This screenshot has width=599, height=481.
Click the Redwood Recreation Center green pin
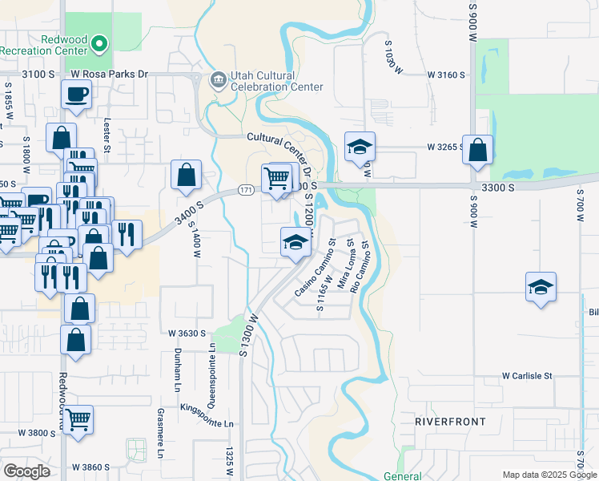tap(100, 44)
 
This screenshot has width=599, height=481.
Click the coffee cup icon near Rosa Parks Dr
tap(77, 95)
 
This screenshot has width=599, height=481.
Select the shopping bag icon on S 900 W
tap(478, 151)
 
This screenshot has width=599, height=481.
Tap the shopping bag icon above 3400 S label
tap(186, 176)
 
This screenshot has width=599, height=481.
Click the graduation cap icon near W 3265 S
tap(360, 147)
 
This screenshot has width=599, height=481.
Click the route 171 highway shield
tap(246, 190)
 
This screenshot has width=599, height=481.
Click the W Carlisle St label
tap(528, 375)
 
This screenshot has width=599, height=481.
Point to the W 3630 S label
tap(187, 333)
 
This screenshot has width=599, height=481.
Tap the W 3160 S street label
tap(446, 75)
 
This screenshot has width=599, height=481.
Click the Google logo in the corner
tap(26, 471)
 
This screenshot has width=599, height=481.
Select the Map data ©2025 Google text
tap(549, 475)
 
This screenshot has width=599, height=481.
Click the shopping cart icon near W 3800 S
tap(78, 419)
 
